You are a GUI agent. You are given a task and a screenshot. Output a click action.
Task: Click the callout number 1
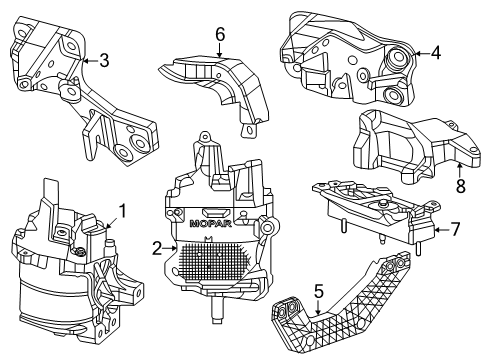click(123, 210)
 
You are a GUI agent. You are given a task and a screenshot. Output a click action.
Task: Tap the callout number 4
click(436, 53)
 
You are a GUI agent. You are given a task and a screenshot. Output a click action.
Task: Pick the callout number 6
click(220, 36)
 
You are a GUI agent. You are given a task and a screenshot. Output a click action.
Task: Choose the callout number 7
click(454, 229)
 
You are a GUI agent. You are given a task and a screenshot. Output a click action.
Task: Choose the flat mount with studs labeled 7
click(370, 215)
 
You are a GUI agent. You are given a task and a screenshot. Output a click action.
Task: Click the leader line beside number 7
click(440, 229)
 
